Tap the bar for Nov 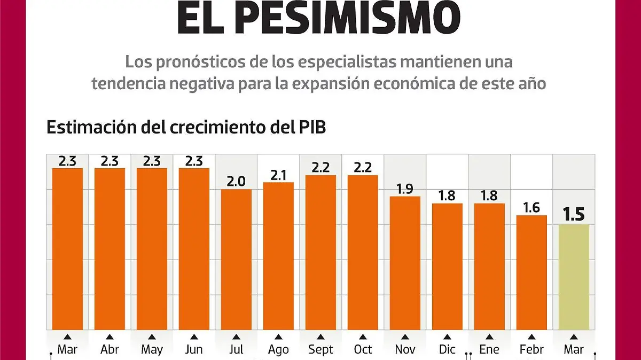(405, 263)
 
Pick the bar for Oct (363, 252)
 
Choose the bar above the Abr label (110, 249)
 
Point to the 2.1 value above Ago (278, 174)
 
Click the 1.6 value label (531, 207)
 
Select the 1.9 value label (405, 189)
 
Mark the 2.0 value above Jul (236, 182)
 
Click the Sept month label (320, 349)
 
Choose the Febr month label (531, 349)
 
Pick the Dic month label (447, 349)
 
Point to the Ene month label (489, 349)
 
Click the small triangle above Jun (194, 336)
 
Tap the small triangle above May (152, 336)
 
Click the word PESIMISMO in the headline (347, 17)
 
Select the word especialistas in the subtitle (337, 62)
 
